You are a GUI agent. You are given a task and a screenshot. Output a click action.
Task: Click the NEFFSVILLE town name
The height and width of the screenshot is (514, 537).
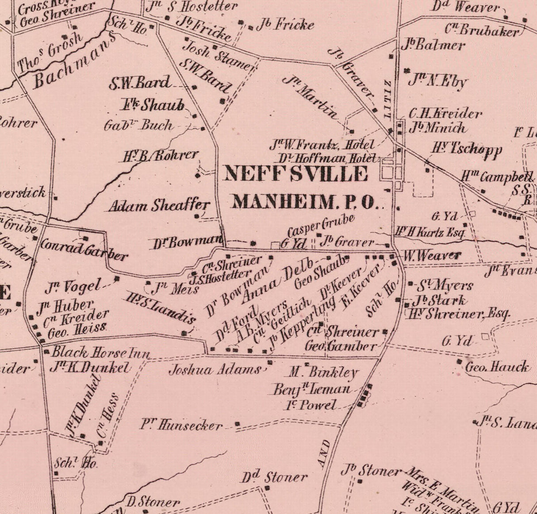click(x=295, y=174)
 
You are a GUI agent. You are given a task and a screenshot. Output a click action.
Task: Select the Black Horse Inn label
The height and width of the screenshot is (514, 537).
click(x=101, y=353)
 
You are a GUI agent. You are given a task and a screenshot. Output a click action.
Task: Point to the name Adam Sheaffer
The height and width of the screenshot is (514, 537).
click(x=159, y=206)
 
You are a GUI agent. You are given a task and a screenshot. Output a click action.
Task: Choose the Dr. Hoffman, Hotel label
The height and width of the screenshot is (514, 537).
click(x=327, y=158)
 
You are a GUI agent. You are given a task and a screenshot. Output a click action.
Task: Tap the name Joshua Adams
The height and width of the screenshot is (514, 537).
click(x=215, y=369)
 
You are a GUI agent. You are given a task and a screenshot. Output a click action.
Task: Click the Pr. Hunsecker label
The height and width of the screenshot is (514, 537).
click(x=181, y=425)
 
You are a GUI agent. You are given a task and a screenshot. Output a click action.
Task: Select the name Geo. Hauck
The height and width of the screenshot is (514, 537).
click(x=497, y=367)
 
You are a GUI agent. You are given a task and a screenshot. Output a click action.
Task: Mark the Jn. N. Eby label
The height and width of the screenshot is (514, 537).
click(x=437, y=81)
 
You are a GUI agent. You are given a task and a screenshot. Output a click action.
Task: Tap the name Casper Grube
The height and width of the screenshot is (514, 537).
click(x=321, y=225)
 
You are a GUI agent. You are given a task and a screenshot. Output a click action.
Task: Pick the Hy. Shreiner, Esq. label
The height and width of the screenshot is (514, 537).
click(x=458, y=314)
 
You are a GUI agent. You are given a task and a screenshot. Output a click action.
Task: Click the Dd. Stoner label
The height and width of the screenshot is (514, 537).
click(x=274, y=477)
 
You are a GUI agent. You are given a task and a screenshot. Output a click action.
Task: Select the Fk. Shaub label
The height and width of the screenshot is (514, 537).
click(x=153, y=105)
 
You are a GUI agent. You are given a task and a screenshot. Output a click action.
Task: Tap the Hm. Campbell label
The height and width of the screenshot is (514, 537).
click(x=497, y=177)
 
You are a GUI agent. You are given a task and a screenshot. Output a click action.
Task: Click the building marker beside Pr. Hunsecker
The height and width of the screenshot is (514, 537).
click(x=238, y=424)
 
